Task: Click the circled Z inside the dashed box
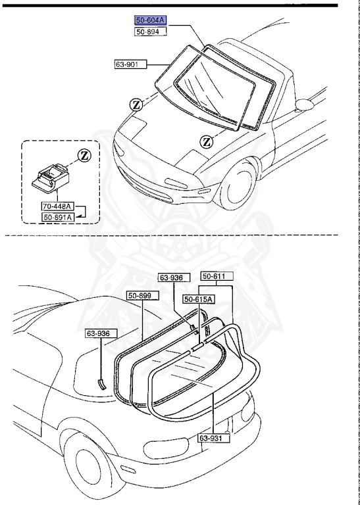click(83, 156)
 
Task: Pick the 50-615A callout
click(199, 299)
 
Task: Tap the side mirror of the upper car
click(304, 103)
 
